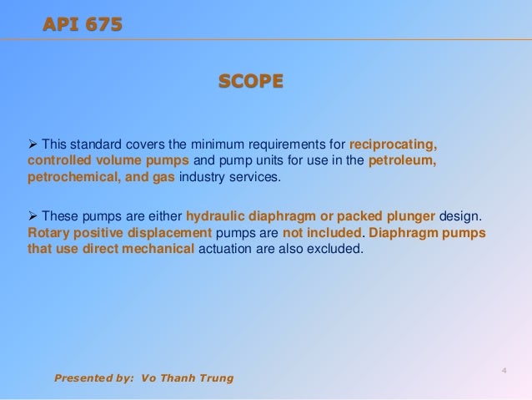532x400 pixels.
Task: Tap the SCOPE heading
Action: coord(250,81)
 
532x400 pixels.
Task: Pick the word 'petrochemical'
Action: coord(69,178)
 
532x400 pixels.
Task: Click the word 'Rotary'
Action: coord(48,234)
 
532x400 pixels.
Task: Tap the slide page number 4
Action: coord(504,370)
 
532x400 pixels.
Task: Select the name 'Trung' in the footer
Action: coord(215,378)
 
